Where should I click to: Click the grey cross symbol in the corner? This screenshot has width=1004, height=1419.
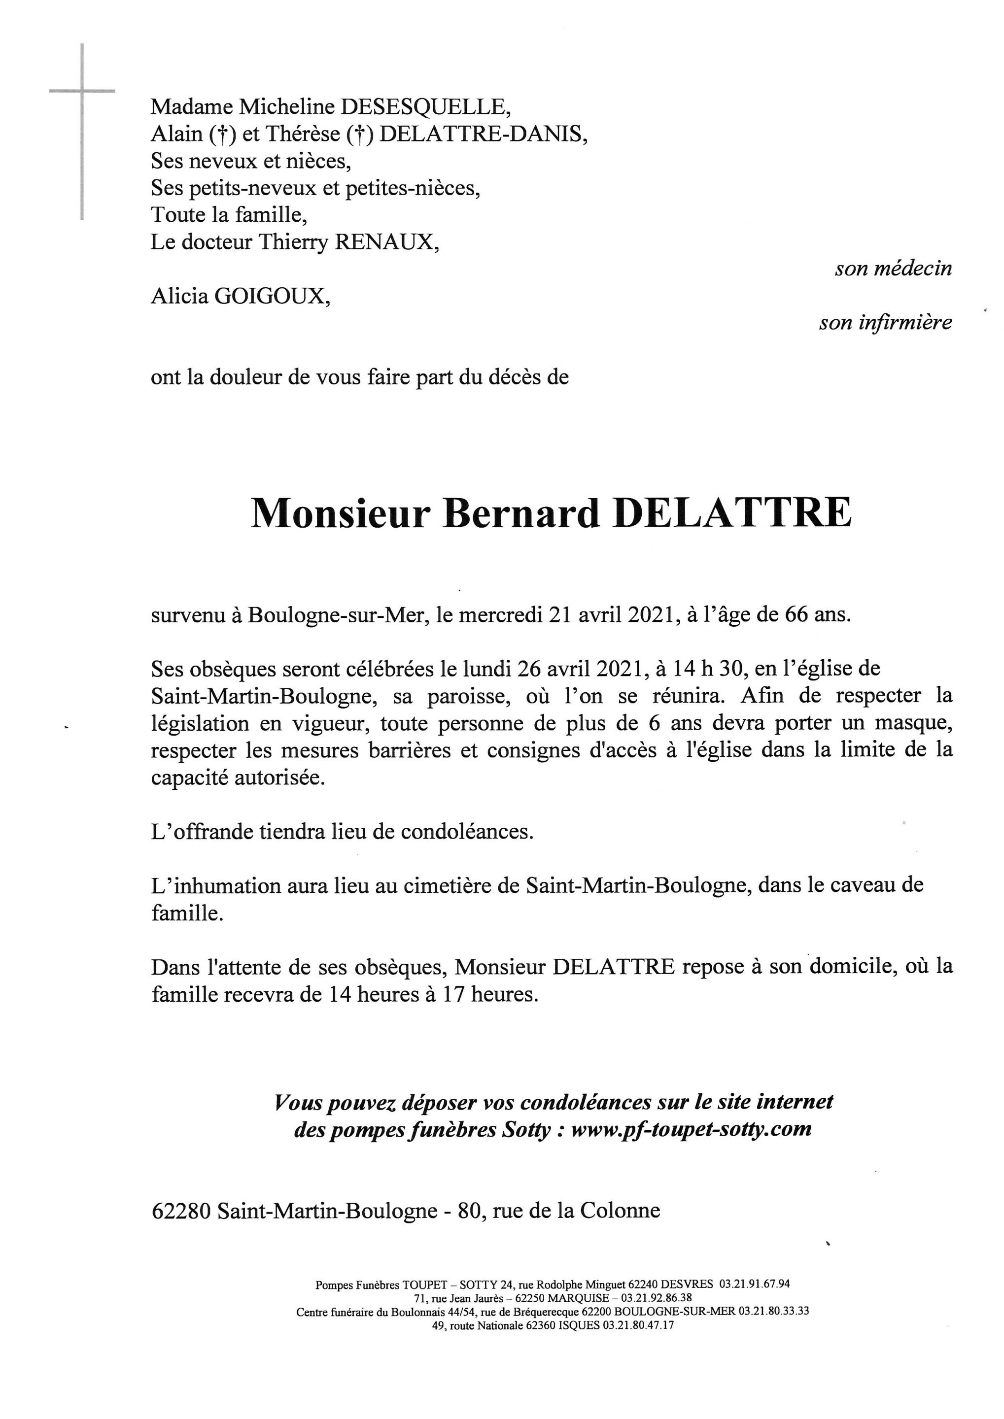point(82,93)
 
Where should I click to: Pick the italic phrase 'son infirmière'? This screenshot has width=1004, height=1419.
point(885,323)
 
